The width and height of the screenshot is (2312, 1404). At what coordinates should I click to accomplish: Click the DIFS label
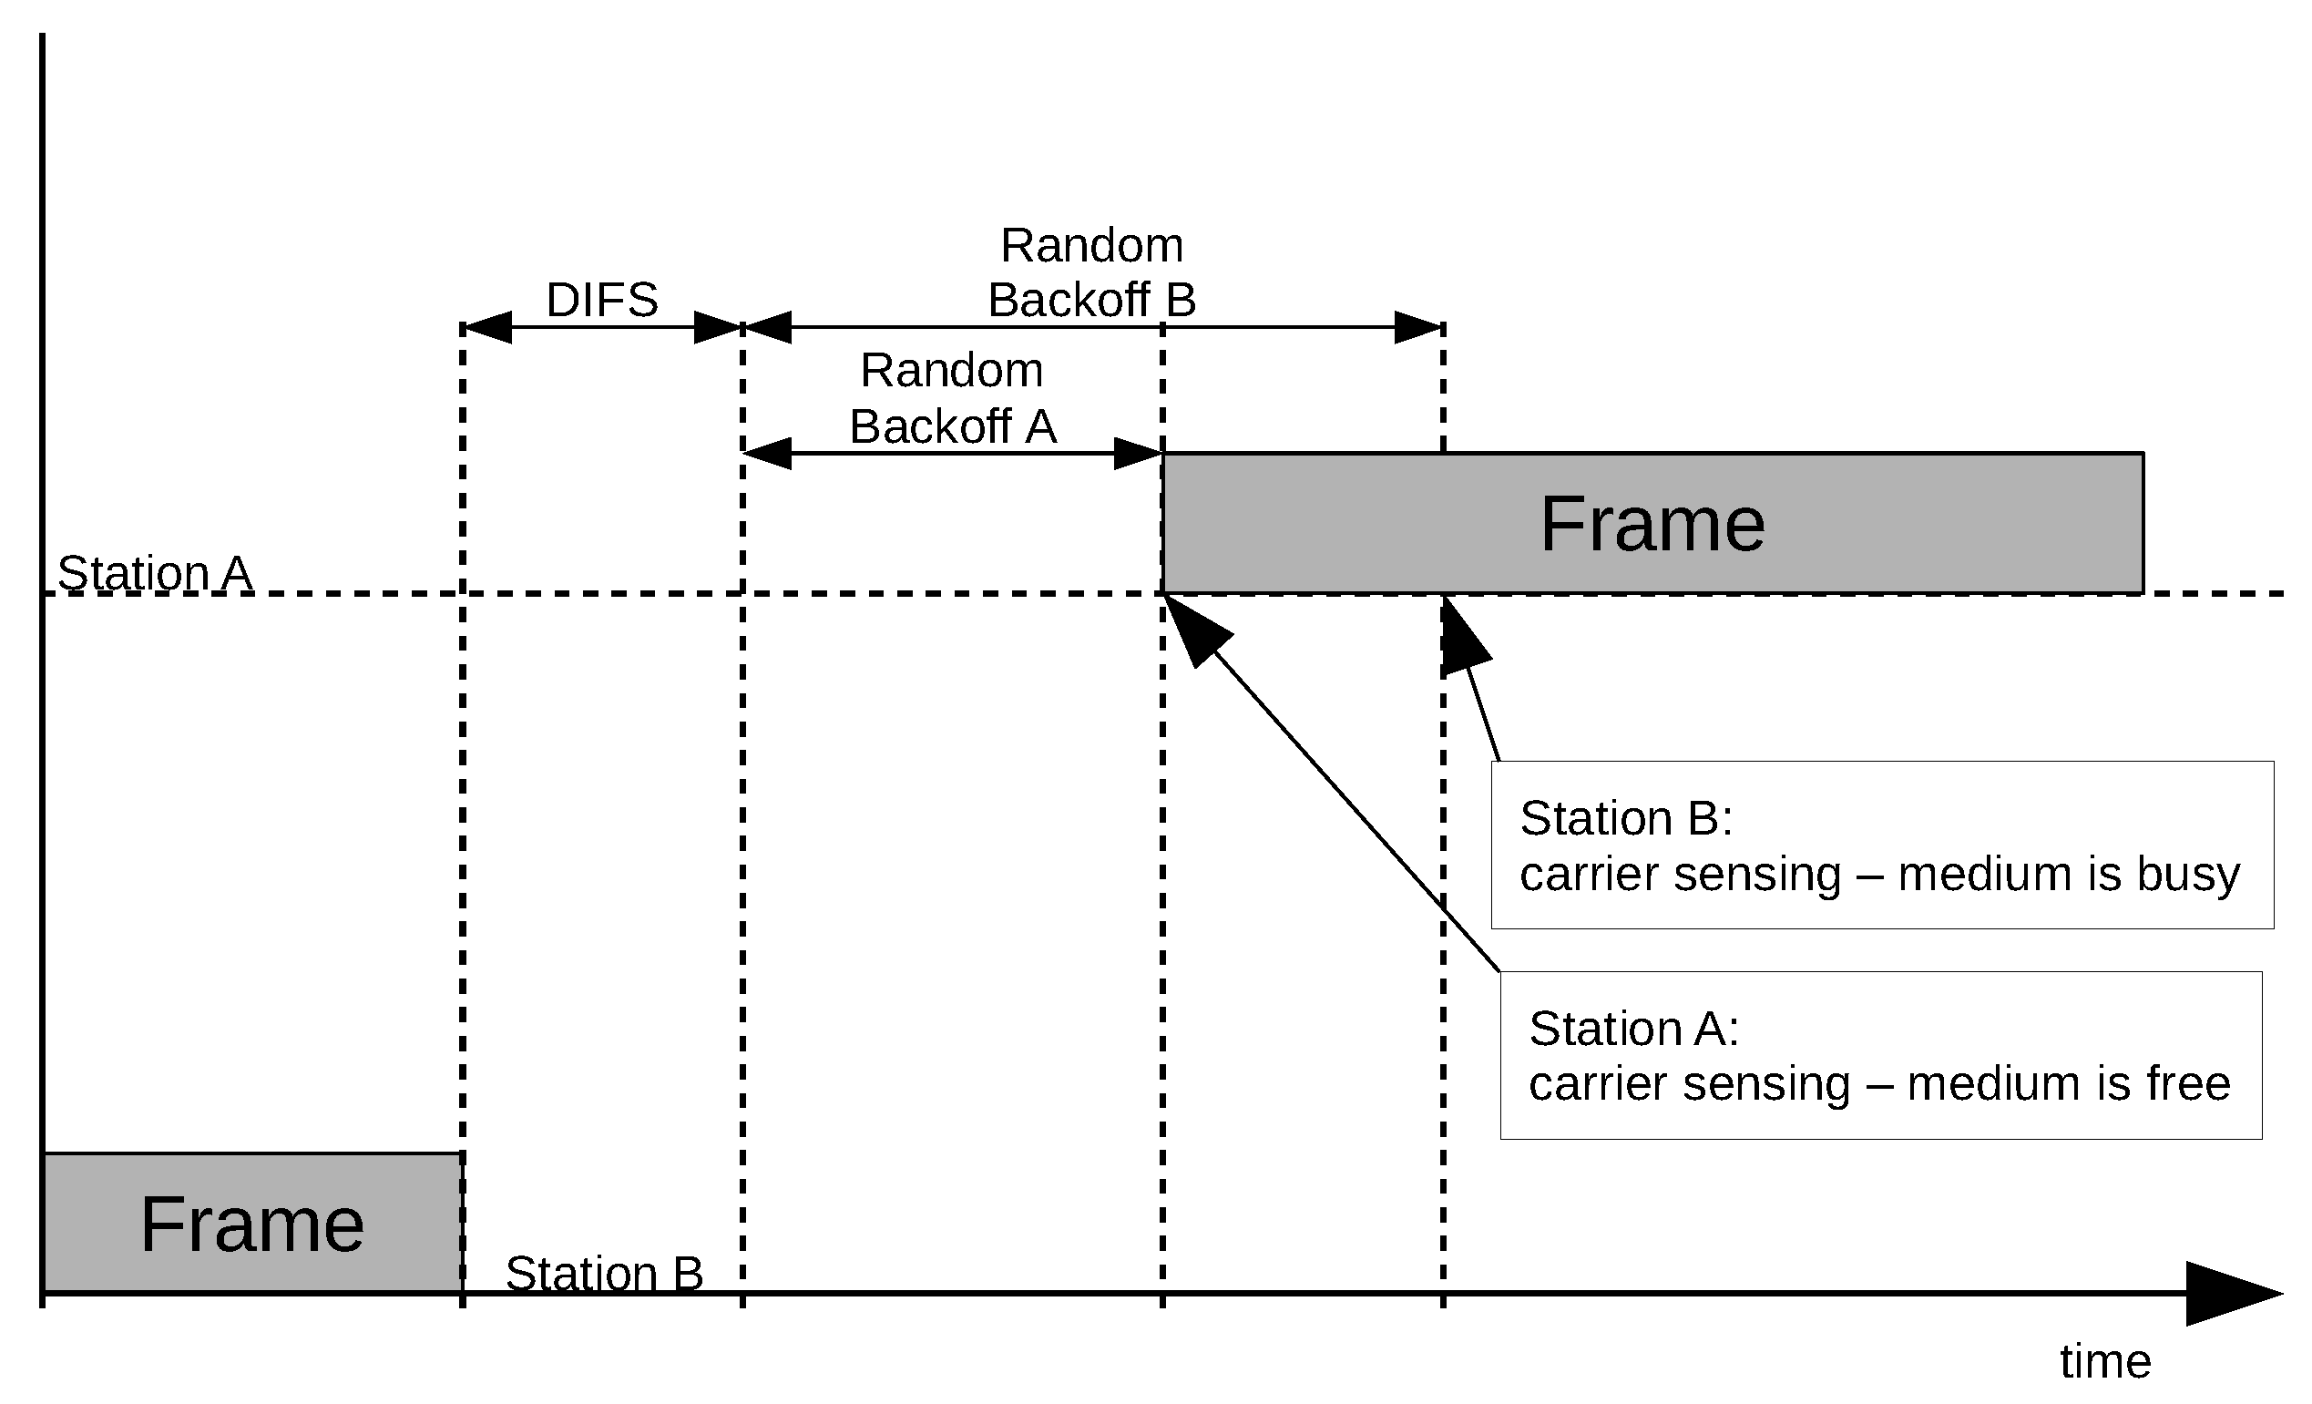click(601, 301)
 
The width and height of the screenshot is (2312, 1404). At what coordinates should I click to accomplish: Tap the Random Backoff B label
click(1091, 273)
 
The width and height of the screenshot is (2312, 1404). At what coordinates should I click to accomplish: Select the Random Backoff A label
click(952, 398)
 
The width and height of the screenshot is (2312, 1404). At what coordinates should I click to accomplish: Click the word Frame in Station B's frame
click(251, 1225)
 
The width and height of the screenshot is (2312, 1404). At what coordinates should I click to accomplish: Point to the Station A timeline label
click(155, 572)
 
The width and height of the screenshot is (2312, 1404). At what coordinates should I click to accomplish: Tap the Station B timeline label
click(603, 1274)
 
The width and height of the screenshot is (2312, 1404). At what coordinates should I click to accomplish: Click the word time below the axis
click(2104, 1361)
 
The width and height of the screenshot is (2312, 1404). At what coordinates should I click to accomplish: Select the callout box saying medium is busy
click(1881, 845)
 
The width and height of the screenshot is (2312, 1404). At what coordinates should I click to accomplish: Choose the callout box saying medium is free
click(1880, 1055)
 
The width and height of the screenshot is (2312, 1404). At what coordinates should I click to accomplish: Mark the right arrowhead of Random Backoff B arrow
click(1418, 327)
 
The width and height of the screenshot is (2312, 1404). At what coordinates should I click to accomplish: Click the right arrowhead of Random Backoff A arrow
click(1138, 454)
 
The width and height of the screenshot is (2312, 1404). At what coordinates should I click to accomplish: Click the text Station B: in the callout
click(1625, 818)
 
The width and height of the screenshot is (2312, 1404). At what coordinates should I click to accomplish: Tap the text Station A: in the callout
click(1633, 1029)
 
